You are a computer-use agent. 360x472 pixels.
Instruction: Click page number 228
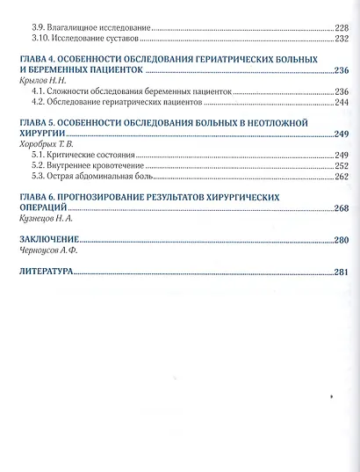(341, 27)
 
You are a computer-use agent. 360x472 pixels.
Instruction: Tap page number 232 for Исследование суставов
(341, 40)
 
